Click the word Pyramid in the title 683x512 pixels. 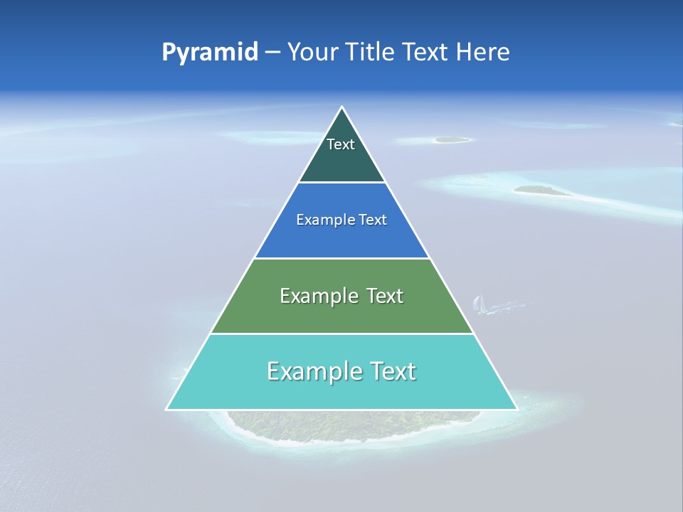point(209,53)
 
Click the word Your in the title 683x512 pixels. point(311,53)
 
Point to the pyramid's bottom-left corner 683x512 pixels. point(167,409)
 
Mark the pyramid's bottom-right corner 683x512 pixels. point(517,409)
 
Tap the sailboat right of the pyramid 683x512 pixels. point(479,304)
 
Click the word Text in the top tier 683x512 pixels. point(341,144)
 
